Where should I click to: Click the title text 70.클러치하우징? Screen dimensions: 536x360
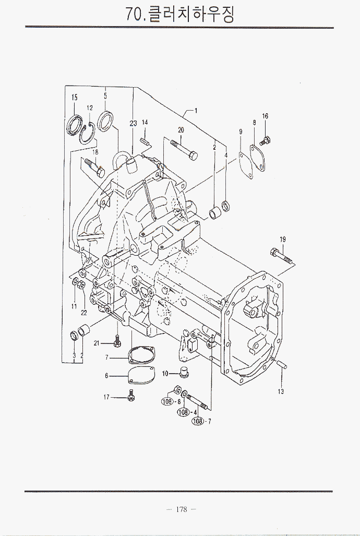tap(180, 14)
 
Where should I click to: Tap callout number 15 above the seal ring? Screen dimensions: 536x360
tap(75, 98)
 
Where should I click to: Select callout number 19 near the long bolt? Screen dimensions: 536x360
tap(282, 240)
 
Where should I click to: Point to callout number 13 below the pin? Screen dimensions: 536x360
tap(281, 391)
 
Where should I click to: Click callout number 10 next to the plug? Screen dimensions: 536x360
tap(164, 373)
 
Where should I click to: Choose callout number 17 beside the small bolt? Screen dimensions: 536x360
tap(106, 397)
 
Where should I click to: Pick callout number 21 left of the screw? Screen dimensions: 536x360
tap(97, 343)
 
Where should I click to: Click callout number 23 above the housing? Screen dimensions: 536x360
tap(133, 124)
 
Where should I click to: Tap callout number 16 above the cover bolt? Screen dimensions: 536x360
tap(265, 116)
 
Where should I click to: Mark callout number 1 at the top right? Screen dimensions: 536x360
tap(196, 111)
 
